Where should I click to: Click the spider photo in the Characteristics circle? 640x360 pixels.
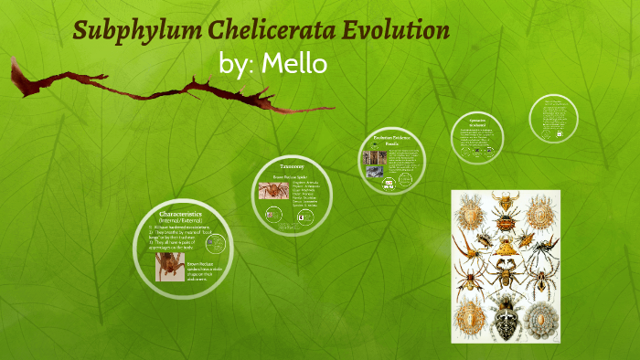pos(170,266)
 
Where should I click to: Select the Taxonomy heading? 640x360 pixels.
pos(293,167)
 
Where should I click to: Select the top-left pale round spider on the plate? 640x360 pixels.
pos(473,211)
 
